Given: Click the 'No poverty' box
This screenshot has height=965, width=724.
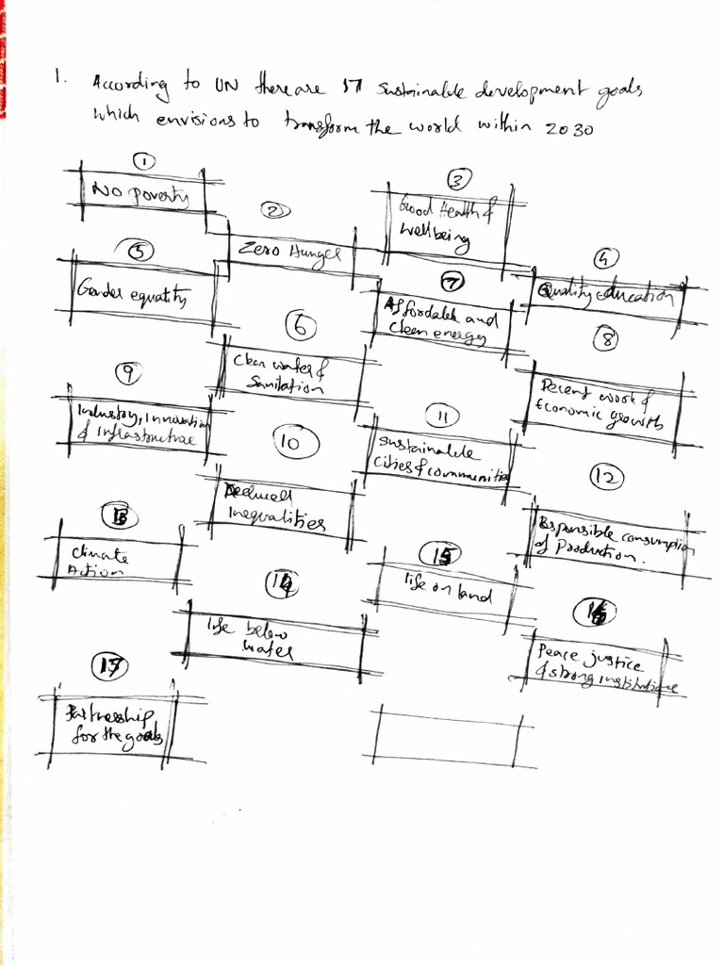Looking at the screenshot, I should click(x=141, y=194).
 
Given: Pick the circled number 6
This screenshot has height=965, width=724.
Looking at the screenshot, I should click(x=300, y=327).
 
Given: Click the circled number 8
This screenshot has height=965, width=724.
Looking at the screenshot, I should click(x=606, y=340).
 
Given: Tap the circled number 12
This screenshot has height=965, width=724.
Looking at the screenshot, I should click(x=607, y=478).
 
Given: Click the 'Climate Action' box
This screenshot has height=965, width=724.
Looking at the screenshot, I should click(x=113, y=562).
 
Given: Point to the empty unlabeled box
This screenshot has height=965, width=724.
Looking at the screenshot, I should click(x=447, y=735).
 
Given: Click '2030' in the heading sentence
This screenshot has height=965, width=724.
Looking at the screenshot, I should click(x=569, y=129).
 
